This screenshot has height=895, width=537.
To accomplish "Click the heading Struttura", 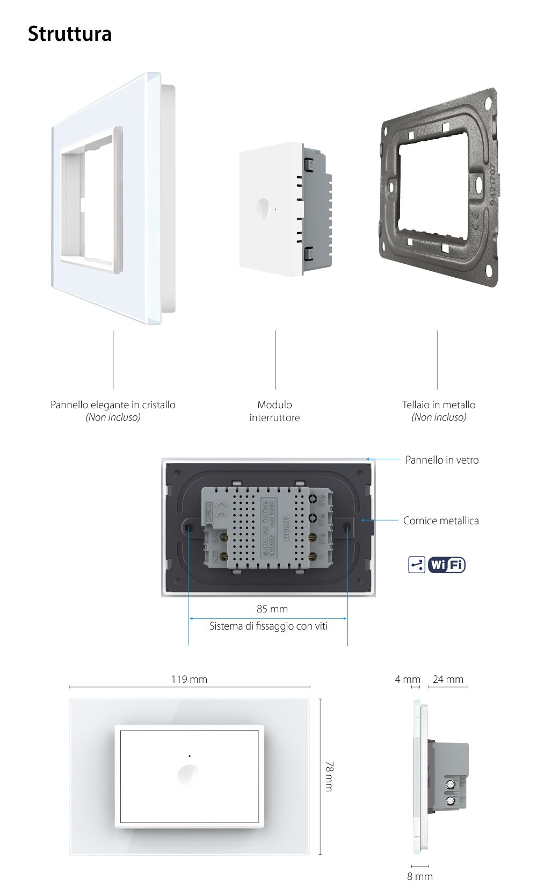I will [70, 33].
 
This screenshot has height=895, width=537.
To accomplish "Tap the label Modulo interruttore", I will [274, 411].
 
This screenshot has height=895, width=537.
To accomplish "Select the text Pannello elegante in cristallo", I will [113, 405].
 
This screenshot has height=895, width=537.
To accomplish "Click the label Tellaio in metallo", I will [439, 405].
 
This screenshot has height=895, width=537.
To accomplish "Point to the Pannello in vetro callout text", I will [442, 460].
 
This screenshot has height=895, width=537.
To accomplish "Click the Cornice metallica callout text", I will [441, 521].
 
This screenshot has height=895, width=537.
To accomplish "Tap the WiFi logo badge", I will [447, 565].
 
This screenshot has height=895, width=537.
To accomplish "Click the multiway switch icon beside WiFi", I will [417, 565].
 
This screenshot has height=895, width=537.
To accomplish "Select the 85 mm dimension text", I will [272, 609].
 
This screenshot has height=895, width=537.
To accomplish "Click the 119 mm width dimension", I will [189, 679].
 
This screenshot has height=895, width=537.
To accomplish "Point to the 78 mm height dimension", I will [329, 776].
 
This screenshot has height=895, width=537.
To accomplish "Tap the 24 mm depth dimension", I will [448, 679].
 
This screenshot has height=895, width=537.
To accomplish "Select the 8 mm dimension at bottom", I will [419, 876].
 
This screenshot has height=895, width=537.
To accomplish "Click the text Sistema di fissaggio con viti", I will [268, 626].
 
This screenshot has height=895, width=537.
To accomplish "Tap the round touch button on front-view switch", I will [189, 775].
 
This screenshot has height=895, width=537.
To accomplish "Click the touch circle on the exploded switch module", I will [264, 208].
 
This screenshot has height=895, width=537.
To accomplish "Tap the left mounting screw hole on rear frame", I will [190, 528].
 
